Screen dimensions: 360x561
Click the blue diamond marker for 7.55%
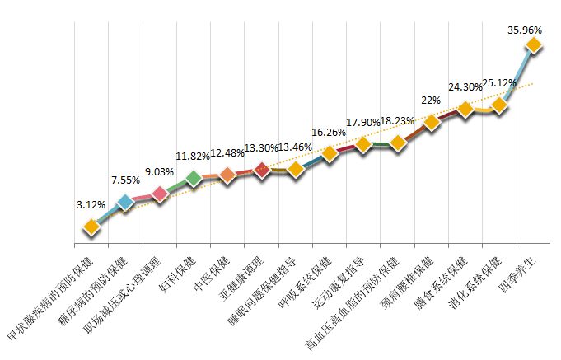coord(125,202)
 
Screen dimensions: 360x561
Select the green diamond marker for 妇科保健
coord(194,179)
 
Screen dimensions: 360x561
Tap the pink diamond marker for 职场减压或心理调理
coord(160,193)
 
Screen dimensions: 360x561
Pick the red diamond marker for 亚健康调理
coord(262,170)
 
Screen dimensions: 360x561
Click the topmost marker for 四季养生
coord(534,45)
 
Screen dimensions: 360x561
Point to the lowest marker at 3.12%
coord(91,227)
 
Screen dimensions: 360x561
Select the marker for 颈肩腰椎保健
coord(431,123)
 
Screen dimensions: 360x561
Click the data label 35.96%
coord(526,29)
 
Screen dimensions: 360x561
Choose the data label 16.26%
coord(329,132)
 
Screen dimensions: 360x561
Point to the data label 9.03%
coord(160,172)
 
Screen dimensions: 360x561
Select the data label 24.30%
coord(465,86)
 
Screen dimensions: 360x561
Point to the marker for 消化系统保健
coord(498,106)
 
